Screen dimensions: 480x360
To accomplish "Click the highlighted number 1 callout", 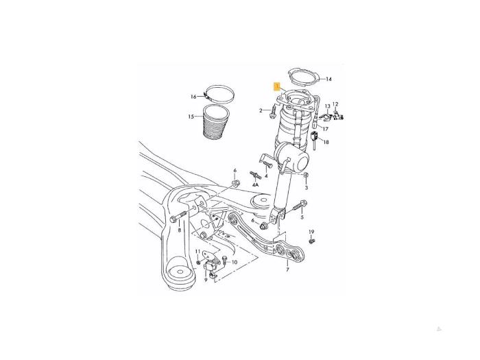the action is point(277,86).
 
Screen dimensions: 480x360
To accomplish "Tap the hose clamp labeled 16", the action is point(219,93).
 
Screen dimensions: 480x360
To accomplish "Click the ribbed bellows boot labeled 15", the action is point(215,123).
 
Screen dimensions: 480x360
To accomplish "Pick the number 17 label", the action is point(326,129).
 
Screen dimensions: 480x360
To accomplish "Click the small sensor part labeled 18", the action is point(314,139).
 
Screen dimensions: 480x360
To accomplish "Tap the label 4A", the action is point(255,185).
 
